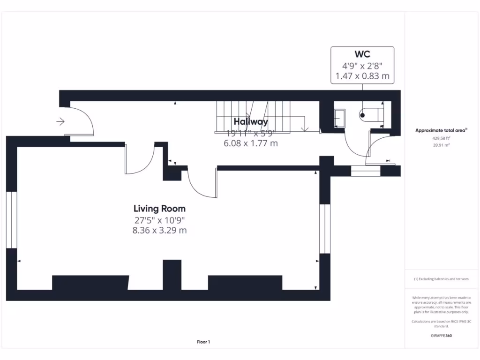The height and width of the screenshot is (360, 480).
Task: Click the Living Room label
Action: pyautogui.click(x=159, y=209)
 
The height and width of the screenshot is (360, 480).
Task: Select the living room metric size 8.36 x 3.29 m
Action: pyautogui.click(x=159, y=230)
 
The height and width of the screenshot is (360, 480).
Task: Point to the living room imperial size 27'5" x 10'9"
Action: pyautogui.click(x=159, y=220)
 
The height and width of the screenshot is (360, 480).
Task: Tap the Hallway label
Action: pyautogui.click(x=251, y=122)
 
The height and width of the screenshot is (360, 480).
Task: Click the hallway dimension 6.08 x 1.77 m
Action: pyautogui.click(x=251, y=143)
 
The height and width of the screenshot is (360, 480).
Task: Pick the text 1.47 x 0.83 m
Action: pyautogui.click(x=362, y=76)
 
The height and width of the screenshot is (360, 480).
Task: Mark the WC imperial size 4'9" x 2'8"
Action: pyautogui.click(x=362, y=66)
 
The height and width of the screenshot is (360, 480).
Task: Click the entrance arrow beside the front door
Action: pyautogui.click(x=60, y=122)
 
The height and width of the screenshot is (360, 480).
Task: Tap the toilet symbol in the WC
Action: pyautogui.click(x=370, y=114)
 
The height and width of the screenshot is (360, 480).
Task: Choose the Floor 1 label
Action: pyautogui.click(x=203, y=342)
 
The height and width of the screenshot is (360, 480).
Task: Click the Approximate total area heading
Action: pyautogui.click(x=441, y=131)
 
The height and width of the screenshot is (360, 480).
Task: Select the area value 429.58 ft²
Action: pyautogui.click(x=441, y=139)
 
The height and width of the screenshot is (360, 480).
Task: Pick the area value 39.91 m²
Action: pyautogui.click(x=441, y=145)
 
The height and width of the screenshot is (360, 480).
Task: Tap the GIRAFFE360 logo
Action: pyautogui.click(x=441, y=336)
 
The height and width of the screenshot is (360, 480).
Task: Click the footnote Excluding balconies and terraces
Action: pyautogui.click(x=441, y=279)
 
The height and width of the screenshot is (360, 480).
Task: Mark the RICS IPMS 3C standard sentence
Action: pyautogui.click(x=441, y=323)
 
